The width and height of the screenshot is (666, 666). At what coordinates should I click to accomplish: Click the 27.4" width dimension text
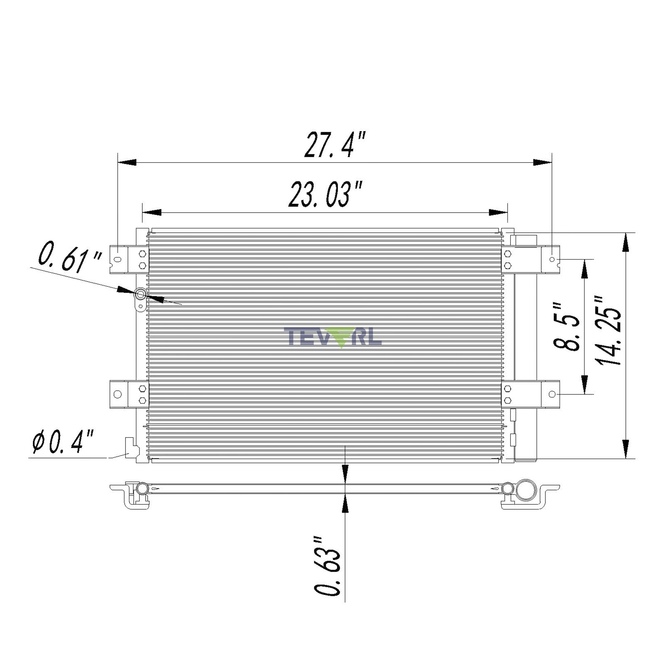tap(334, 145)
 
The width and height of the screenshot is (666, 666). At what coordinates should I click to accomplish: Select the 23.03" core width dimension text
tap(325, 195)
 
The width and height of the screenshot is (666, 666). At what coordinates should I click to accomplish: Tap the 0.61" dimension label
tap(70, 256)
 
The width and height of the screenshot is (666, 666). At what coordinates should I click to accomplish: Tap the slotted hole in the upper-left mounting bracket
tap(118, 260)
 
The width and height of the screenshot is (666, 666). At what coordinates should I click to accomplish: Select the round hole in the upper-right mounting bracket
tap(552, 260)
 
